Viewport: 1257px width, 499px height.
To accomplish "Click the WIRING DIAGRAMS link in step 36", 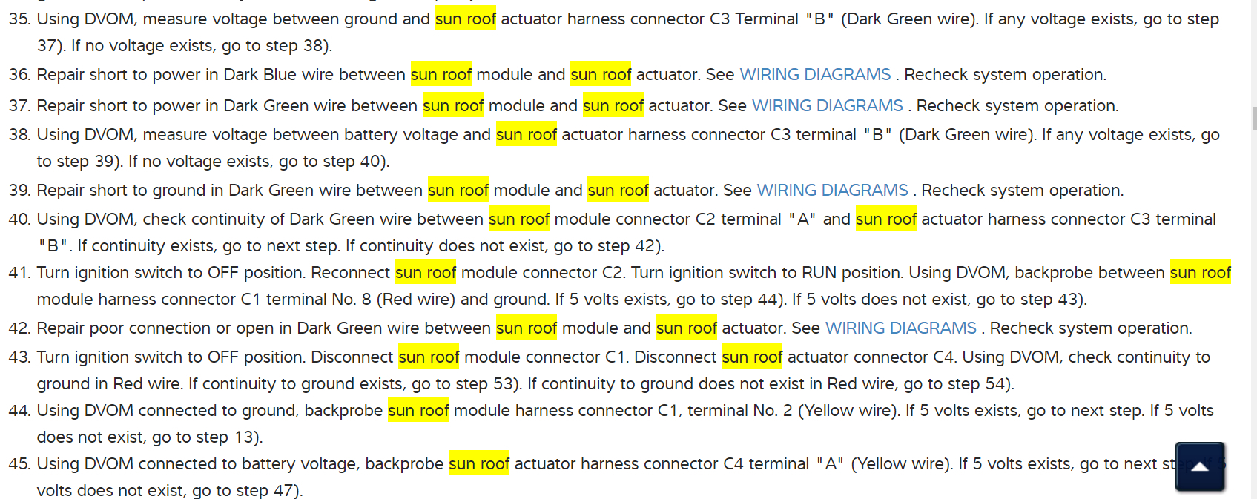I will [x=815, y=75].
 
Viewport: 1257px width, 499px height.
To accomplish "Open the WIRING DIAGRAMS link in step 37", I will [x=827, y=106].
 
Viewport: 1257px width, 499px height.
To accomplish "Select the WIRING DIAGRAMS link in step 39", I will [x=832, y=191].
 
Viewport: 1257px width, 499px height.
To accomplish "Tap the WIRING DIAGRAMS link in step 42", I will [x=900, y=328].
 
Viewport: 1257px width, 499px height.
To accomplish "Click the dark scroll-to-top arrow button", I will [x=1199, y=466].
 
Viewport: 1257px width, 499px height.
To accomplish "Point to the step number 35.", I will [x=19, y=19].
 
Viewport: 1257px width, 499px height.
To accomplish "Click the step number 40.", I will [x=19, y=219].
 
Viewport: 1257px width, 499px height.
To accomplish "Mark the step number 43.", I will [x=19, y=357].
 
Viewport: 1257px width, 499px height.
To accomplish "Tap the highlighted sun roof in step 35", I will [x=465, y=19].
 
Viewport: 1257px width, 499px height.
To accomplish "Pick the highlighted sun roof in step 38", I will [x=526, y=135].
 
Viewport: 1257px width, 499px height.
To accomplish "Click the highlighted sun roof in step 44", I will [x=418, y=411].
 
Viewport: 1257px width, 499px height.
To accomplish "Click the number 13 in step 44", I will [x=243, y=437].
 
